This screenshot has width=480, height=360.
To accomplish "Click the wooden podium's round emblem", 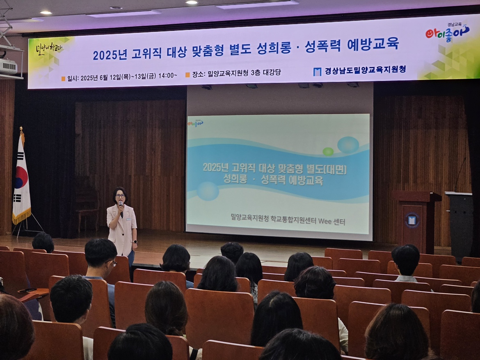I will [412, 220].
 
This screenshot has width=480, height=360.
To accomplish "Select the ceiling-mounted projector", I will [8, 66].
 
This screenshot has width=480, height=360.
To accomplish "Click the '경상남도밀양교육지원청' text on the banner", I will [365, 70].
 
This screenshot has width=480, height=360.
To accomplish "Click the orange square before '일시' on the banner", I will [63, 78].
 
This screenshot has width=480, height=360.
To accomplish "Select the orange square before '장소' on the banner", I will [187, 75].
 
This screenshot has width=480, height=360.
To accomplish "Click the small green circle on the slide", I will [328, 151].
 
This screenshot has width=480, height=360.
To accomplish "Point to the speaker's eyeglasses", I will [120, 196].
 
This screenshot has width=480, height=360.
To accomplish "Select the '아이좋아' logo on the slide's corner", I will [195, 123].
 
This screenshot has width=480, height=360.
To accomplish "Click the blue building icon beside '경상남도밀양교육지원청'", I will [317, 71].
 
